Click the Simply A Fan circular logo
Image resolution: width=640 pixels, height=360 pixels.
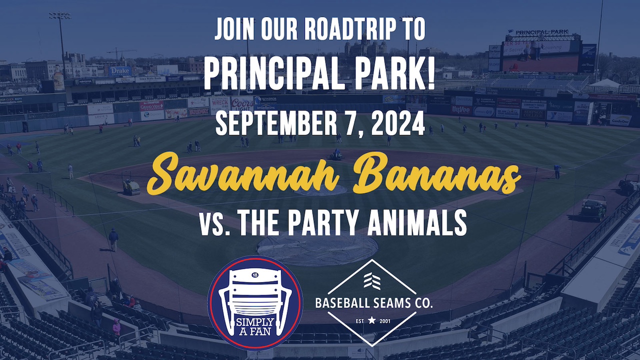pos(255,302)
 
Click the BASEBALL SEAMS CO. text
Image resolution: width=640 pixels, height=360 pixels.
pos(374,302)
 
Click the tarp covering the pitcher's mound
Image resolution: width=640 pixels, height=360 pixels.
pos(317,248)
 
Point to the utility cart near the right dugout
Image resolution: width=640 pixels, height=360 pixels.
pos(594,206)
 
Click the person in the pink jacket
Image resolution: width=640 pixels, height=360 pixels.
pos(116,327)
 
